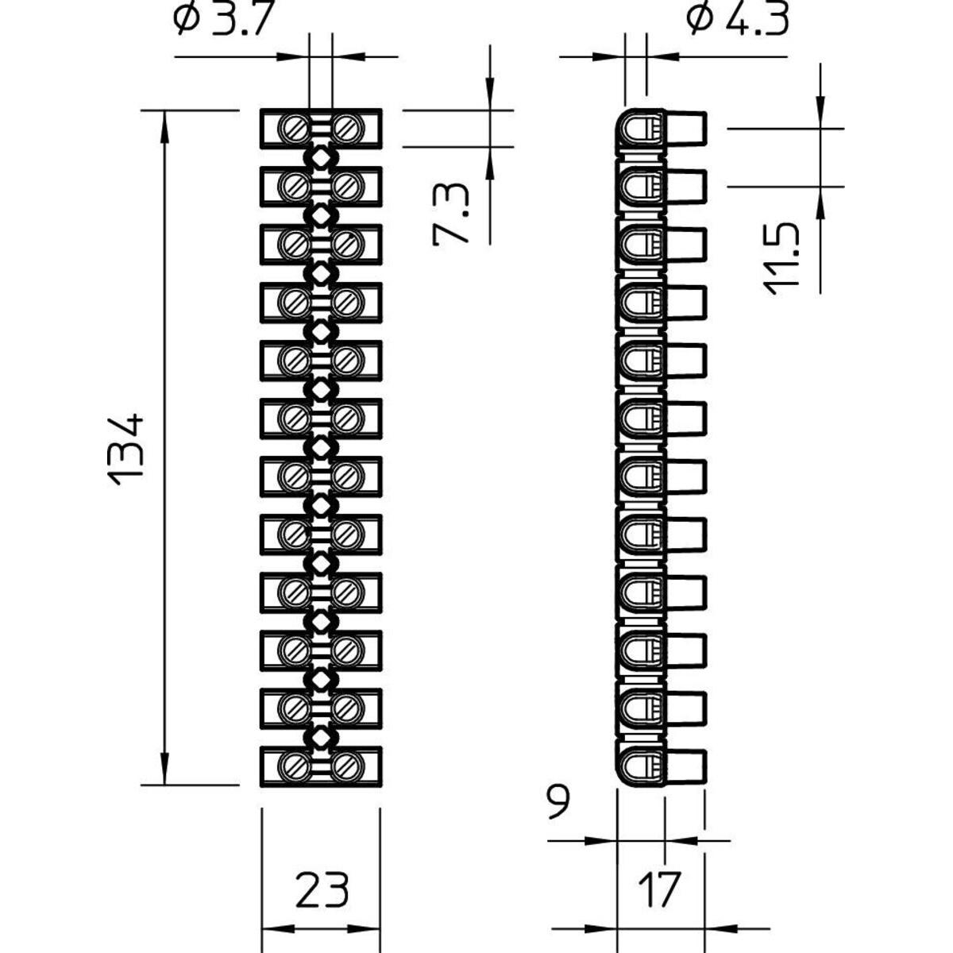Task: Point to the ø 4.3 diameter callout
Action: (739, 19)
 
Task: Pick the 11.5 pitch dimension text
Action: (785, 259)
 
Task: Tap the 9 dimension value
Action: (558, 803)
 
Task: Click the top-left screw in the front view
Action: (295, 128)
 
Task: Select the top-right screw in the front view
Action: (346, 128)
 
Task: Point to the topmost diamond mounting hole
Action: (321, 157)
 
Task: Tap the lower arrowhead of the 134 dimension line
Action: (164, 774)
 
